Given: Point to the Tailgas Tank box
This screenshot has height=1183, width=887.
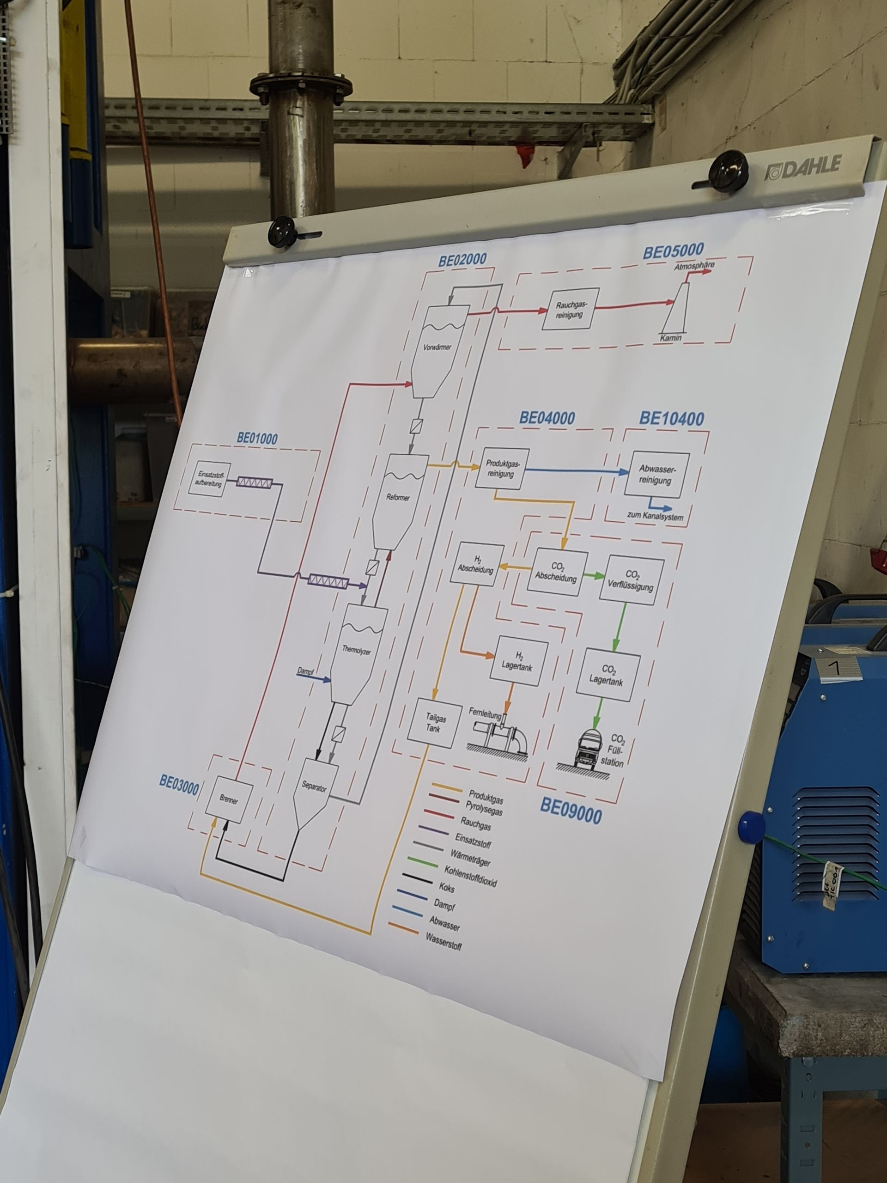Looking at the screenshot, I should point(435,724).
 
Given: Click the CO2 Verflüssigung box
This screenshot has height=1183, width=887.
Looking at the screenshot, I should point(632,580).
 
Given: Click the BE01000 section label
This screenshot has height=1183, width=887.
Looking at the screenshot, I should point(257,439).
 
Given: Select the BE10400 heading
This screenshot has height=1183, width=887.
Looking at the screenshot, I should point(672,418).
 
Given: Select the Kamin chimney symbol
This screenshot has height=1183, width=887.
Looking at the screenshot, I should point(677,309).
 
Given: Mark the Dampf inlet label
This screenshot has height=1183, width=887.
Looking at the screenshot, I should point(305,671).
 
